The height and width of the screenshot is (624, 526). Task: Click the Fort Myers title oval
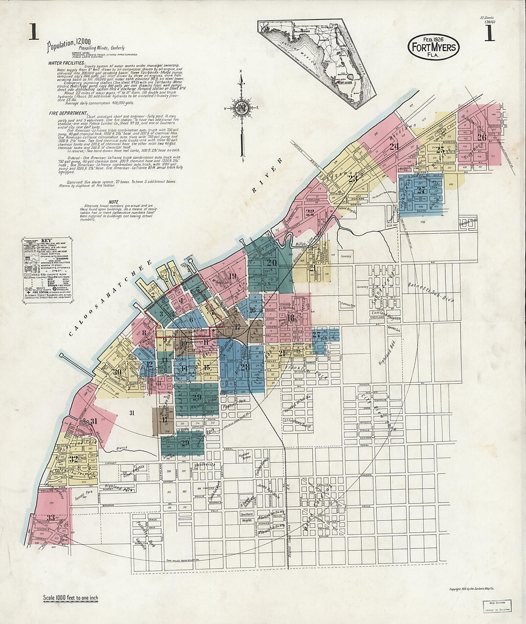coord(434,47)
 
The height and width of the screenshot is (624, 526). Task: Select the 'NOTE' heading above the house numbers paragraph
coord(113,202)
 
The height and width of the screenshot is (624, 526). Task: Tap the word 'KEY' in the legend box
coord(47,241)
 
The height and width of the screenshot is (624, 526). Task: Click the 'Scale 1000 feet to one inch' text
coord(70,597)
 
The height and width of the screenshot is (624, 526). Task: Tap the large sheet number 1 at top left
coord(33,32)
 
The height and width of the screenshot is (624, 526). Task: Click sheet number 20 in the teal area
coord(272,262)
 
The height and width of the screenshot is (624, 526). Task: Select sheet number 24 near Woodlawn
coord(394,147)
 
